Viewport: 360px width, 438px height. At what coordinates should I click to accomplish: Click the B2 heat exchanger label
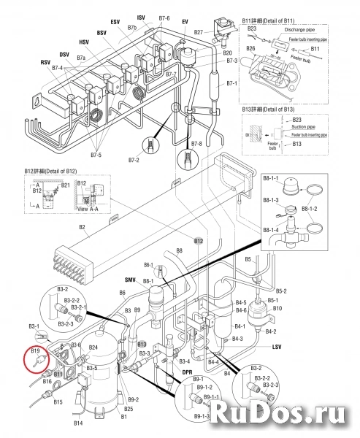83,228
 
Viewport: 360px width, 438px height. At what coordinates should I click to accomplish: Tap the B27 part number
198,34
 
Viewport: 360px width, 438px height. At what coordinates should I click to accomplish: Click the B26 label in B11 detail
250,48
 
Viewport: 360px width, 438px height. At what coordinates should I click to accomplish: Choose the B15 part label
58,401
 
